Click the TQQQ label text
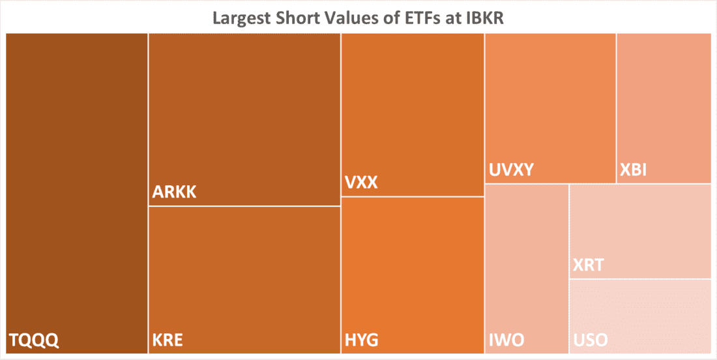tap(34, 340)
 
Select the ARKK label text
tap(174, 192)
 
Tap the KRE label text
tap(168, 340)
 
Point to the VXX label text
tap(361, 183)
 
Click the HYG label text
tap(361, 340)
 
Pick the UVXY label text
tap(512, 170)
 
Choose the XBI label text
tap(634, 170)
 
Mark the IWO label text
tap(506, 340)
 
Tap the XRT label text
tap(589, 265)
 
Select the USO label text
tap(591, 340)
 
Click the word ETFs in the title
tap(413, 18)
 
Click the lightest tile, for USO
tap(640, 313)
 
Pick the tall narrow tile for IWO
tap(527, 261)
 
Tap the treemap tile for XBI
tap(664, 104)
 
